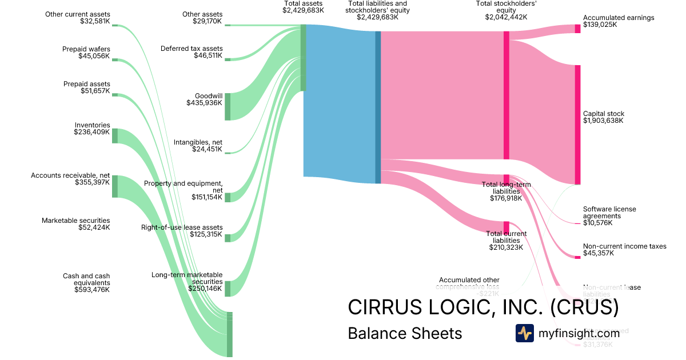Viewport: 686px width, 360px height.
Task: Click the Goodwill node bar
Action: (228, 106)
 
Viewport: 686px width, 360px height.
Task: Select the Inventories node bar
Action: (115, 135)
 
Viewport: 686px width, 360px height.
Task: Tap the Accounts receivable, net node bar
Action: (115, 186)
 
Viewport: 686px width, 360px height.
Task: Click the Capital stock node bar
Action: (577, 125)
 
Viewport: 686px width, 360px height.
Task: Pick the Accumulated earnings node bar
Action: (577, 29)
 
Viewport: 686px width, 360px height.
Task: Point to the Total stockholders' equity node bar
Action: (506, 95)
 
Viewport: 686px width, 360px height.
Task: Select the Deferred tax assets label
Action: (192, 49)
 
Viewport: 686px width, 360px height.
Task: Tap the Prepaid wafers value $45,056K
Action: (94, 56)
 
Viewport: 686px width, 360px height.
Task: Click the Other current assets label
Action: (78, 14)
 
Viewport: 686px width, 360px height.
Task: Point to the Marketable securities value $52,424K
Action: (94, 227)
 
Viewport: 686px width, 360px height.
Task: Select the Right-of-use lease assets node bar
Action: (228, 238)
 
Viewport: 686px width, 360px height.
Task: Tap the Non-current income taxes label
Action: (624, 246)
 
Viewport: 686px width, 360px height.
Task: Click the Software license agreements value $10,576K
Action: (598, 223)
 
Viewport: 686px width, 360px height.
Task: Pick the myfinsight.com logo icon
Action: (524, 333)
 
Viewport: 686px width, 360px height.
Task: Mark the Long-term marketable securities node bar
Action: (228, 289)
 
